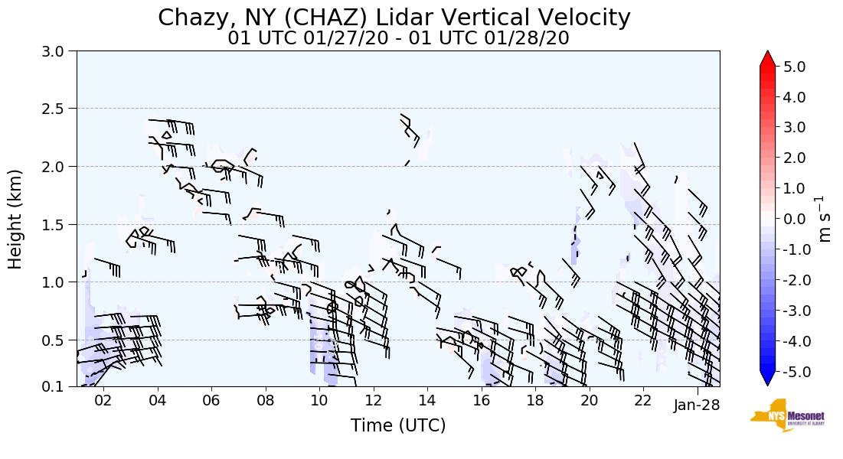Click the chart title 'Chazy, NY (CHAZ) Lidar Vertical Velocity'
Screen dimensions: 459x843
tap(394, 18)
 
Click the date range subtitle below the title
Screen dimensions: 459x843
tap(398, 38)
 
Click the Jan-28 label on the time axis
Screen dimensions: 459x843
tap(697, 405)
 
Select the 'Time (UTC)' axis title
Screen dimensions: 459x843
tap(398, 426)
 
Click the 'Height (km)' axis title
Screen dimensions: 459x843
tap(16, 219)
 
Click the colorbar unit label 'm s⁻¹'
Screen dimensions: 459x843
tap(825, 219)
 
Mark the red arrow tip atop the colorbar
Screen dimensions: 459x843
tap(768, 54)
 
